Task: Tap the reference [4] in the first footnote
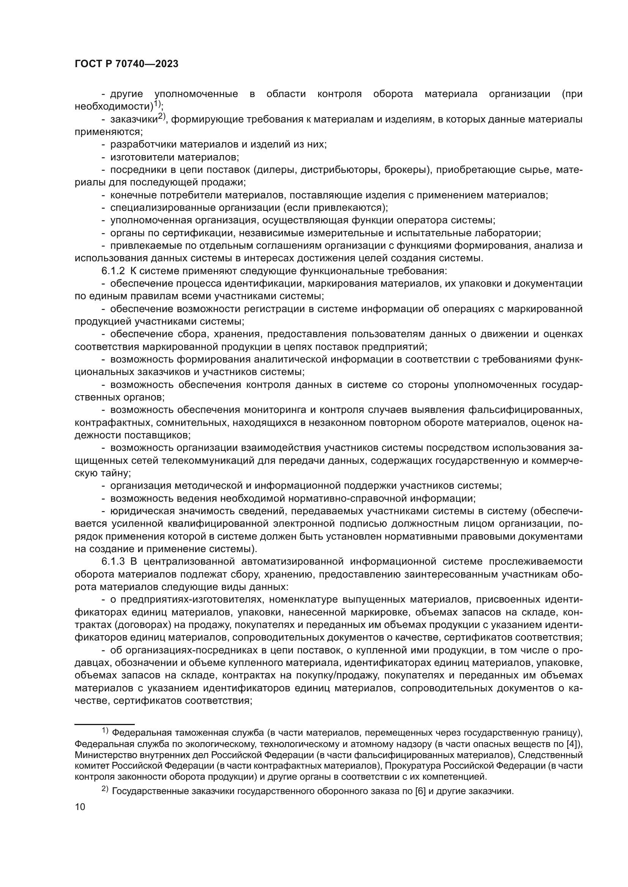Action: (x=572, y=744)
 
